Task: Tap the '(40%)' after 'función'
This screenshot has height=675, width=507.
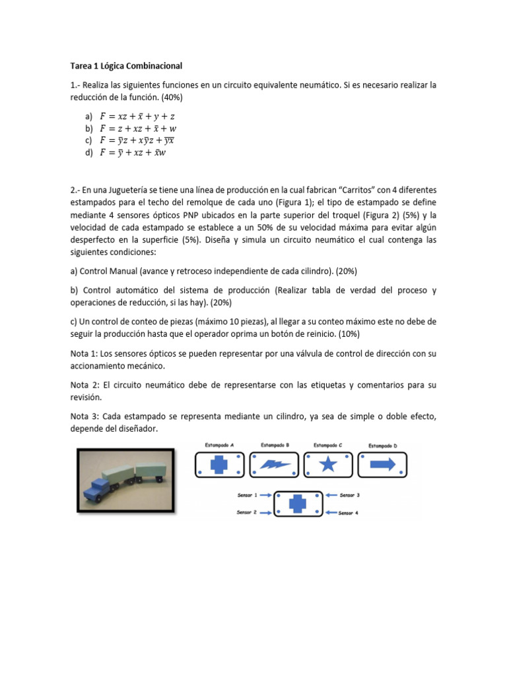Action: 170,97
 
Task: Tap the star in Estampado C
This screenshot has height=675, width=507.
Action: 328,465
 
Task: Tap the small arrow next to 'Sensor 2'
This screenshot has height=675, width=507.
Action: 265,512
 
